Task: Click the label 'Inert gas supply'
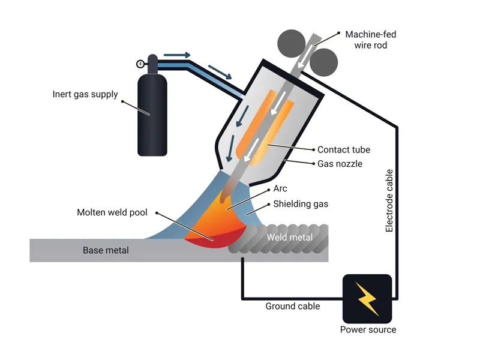85,94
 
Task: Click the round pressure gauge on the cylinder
140,64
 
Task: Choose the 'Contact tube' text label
344,149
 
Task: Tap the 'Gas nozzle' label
340,163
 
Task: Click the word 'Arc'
280,189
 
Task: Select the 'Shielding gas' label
301,204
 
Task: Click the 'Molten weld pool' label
112,212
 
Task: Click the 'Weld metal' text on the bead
290,238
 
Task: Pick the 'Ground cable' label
293,306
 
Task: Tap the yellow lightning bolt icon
367,298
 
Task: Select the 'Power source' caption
368,329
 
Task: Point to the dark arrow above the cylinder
177,55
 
